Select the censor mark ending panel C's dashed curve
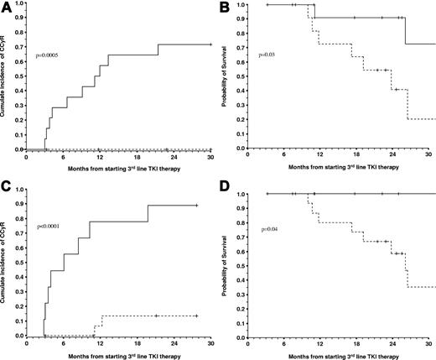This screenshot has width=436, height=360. point(195,316)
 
